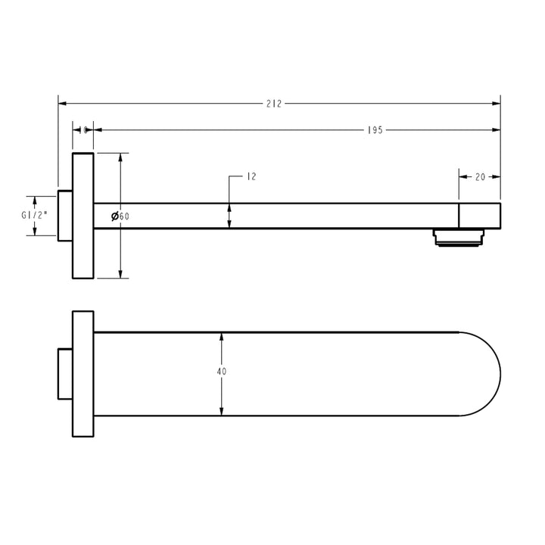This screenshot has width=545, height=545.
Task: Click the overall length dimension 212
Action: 273,104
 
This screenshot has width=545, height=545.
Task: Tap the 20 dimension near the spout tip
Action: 480,177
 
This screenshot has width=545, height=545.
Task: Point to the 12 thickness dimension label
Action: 251,176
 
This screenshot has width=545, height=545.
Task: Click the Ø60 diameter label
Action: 120,216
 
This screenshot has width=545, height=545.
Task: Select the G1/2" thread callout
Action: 35,215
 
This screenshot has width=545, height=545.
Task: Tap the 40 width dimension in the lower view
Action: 221,372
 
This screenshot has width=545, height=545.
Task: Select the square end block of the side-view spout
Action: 480,215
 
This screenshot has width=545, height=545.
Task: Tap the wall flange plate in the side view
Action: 83,215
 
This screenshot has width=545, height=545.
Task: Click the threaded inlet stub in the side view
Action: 65,215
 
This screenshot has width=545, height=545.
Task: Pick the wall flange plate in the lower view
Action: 83,373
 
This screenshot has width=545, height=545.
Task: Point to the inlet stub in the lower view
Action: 65,373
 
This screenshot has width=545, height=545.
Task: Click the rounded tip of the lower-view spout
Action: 488,373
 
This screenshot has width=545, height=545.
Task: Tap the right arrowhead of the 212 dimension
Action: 497,104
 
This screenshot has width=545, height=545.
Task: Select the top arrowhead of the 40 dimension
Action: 221,337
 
